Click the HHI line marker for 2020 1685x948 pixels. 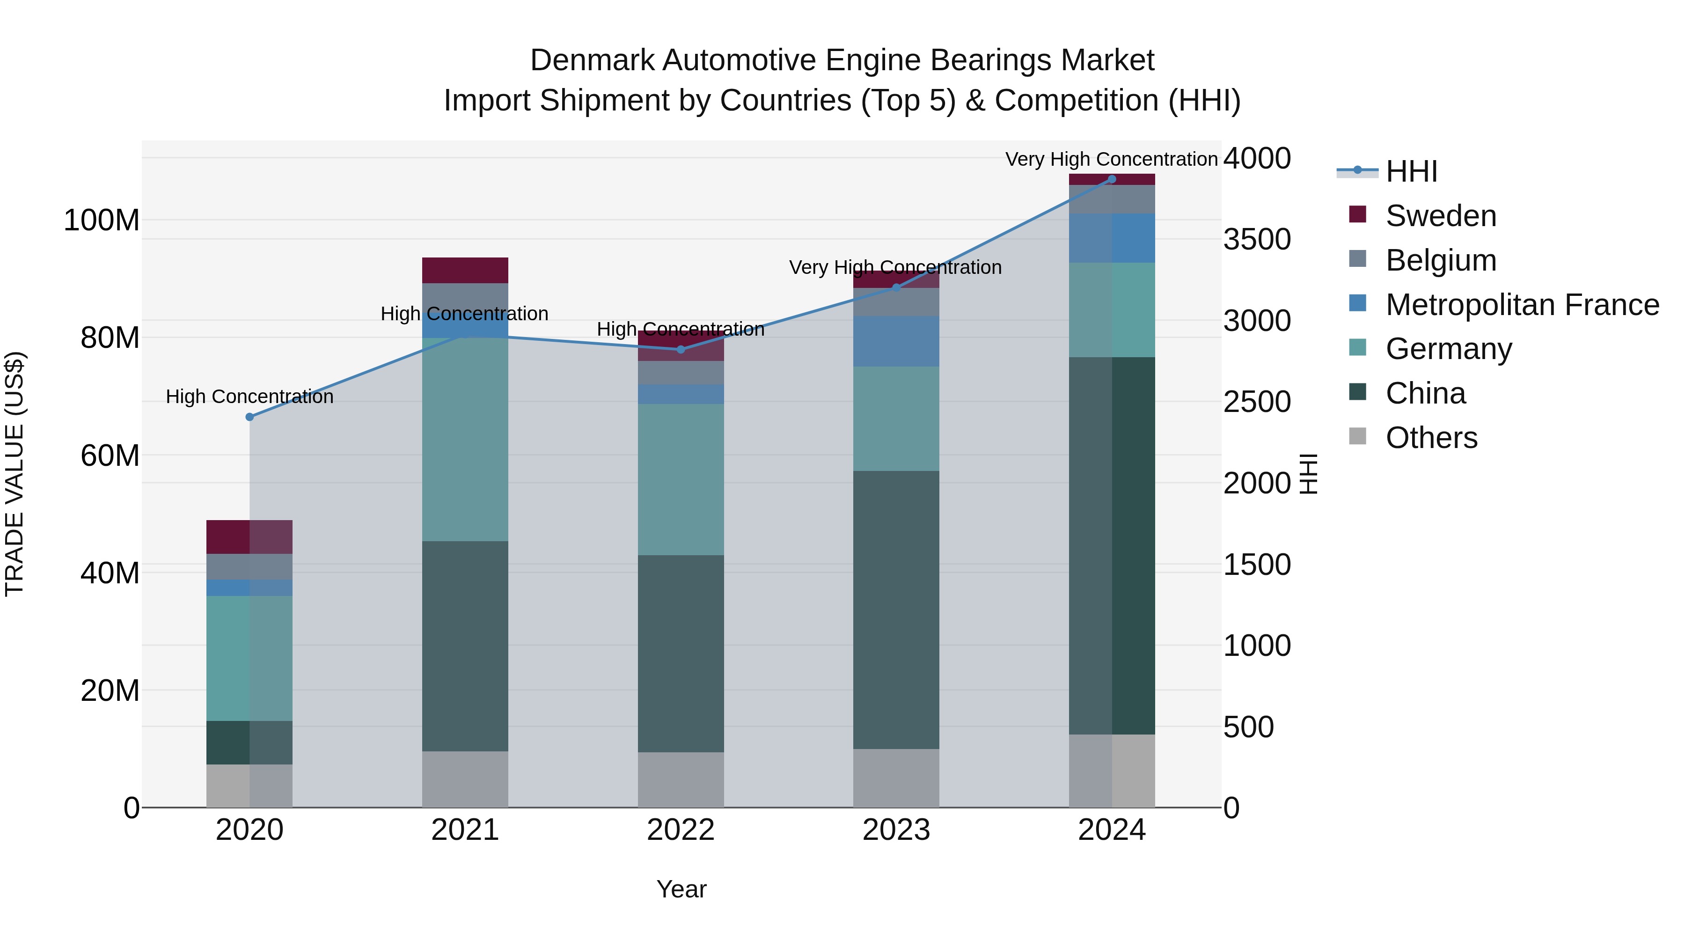[x=249, y=417]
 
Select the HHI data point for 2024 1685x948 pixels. [x=1111, y=179]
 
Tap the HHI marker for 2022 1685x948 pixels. [x=680, y=349]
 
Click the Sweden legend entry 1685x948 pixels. [x=1440, y=216]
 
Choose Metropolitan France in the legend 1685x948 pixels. [x=1522, y=305]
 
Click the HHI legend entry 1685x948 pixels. [x=1411, y=171]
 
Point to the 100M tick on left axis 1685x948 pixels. [x=102, y=220]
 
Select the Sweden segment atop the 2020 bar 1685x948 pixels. [x=249, y=536]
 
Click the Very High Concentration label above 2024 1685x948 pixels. [x=1111, y=159]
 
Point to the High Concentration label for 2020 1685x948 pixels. [x=249, y=397]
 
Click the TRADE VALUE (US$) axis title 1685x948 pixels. [x=15, y=474]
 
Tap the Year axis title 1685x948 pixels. [x=681, y=889]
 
